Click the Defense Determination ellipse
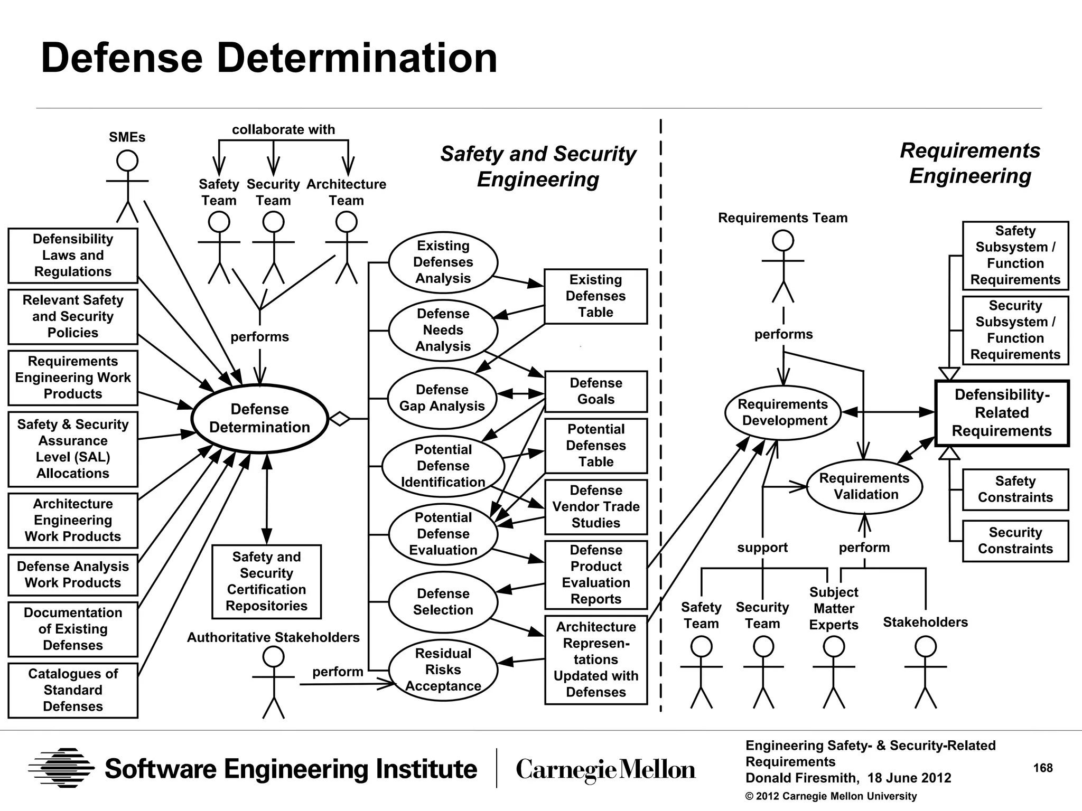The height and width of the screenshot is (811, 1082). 259,418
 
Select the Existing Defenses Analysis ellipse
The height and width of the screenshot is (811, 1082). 443,262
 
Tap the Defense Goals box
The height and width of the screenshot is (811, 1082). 595,391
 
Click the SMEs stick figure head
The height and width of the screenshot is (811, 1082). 127,161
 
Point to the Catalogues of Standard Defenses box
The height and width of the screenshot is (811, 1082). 73,690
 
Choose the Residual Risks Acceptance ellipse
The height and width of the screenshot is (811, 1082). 443,669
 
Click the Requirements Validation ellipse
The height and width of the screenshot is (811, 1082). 864,486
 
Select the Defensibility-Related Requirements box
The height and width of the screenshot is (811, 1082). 1002,413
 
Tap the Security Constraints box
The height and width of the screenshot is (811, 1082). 1015,541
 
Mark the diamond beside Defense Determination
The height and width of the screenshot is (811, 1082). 340,419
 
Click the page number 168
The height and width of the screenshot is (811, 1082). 1042,768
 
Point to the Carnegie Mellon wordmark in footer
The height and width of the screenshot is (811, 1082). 605,769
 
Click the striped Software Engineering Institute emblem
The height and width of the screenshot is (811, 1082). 62,768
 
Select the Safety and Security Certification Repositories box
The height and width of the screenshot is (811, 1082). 266,581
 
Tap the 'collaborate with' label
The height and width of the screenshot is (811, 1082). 283,129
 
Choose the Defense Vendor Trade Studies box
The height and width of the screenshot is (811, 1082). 595,507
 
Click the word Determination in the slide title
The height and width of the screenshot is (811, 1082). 357,58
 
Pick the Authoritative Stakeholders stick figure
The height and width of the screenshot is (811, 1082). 273,681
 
